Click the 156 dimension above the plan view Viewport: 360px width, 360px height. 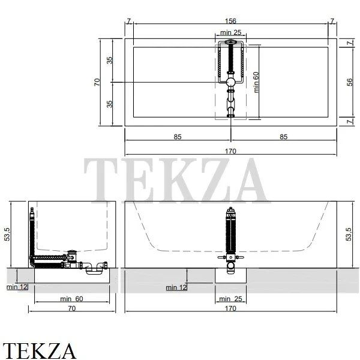click(x=230, y=21)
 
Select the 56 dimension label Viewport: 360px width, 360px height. click(x=349, y=82)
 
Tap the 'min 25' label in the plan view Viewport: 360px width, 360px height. click(x=230, y=32)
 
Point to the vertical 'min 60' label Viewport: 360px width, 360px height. click(x=256, y=82)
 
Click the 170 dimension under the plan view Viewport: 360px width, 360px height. click(x=230, y=151)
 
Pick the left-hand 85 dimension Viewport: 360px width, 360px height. click(x=178, y=137)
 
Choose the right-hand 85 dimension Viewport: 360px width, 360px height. click(x=284, y=137)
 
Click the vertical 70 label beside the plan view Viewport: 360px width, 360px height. click(x=97, y=82)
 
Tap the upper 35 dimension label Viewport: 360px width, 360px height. click(x=110, y=60)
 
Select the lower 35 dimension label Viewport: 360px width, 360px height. click(x=110, y=104)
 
